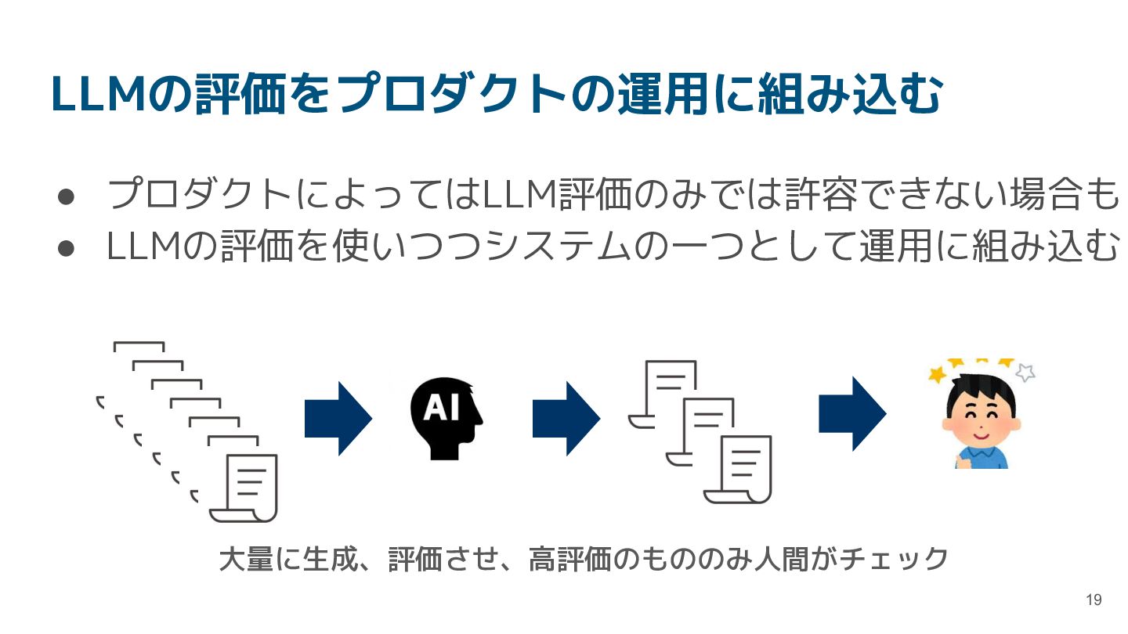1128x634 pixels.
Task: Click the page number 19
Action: tap(1094, 600)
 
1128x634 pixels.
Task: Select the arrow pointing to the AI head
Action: tap(337, 419)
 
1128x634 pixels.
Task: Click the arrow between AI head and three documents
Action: tap(566, 419)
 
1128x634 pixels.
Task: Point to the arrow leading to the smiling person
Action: tap(851, 414)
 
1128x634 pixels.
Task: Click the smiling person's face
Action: tap(979, 414)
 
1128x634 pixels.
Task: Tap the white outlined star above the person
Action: tap(1025, 372)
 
